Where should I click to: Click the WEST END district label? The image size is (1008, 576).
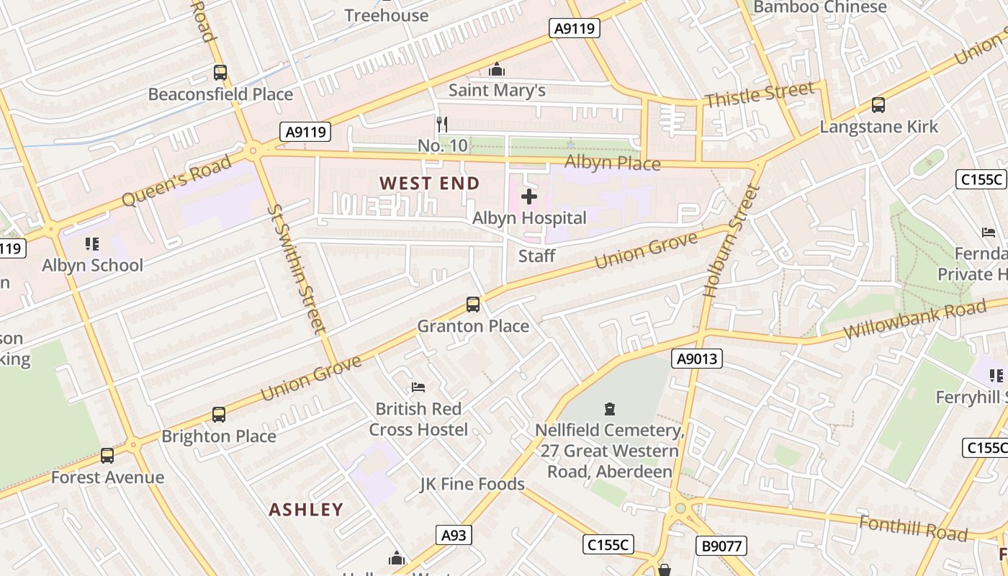point(429,184)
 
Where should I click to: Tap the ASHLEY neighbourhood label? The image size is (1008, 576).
point(306,510)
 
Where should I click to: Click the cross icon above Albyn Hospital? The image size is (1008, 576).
point(529,197)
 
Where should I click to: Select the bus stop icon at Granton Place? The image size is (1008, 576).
point(473,305)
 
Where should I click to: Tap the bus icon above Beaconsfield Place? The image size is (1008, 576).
point(220,73)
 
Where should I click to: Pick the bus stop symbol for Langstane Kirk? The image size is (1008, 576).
point(878,105)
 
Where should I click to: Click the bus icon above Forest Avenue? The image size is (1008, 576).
point(107,456)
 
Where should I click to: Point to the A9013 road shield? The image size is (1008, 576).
point(698,359)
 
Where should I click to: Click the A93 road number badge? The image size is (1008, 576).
point(454,535)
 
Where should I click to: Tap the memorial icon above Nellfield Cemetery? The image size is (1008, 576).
point(610,410)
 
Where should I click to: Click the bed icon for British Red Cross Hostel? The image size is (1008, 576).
point(418,388)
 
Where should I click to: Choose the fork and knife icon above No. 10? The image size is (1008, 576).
point(442,125)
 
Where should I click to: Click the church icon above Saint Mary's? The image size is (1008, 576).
point(497,70)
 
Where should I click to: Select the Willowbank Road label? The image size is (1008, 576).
point(914,320)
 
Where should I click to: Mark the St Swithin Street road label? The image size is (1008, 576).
point(297,269)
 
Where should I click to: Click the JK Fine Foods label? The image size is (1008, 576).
point(472,484)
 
